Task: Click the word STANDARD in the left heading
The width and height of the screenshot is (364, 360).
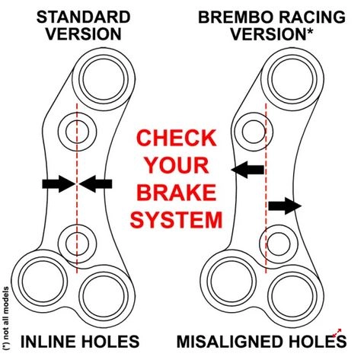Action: pyautogui.click(x=83, y=18)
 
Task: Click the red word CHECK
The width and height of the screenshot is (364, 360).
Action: pyautogui.click(x=177, y=138)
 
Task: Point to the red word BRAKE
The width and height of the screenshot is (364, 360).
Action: pyautogui.click(x=177, y=192)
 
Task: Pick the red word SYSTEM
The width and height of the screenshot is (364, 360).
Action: pyautogui.click(x=176, y=220)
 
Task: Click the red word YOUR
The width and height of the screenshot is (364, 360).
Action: pyautogui.click(x=177, y=165)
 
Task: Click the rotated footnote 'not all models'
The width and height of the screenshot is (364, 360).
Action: pyautogui.click(x=6, y=319)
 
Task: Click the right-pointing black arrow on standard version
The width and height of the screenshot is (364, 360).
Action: pyautogui.click(x=59, y=183)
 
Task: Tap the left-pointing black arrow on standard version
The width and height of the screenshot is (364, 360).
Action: pyautogui.click(x=95, y=183)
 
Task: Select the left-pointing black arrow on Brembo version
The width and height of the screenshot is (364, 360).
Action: pyautogui.click(x=247, y=170)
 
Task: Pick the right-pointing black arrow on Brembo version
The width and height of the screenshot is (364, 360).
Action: pyautogui.click(x=285, y=205)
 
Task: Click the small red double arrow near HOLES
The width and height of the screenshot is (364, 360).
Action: pyautogui.click(x=337, y=333)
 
